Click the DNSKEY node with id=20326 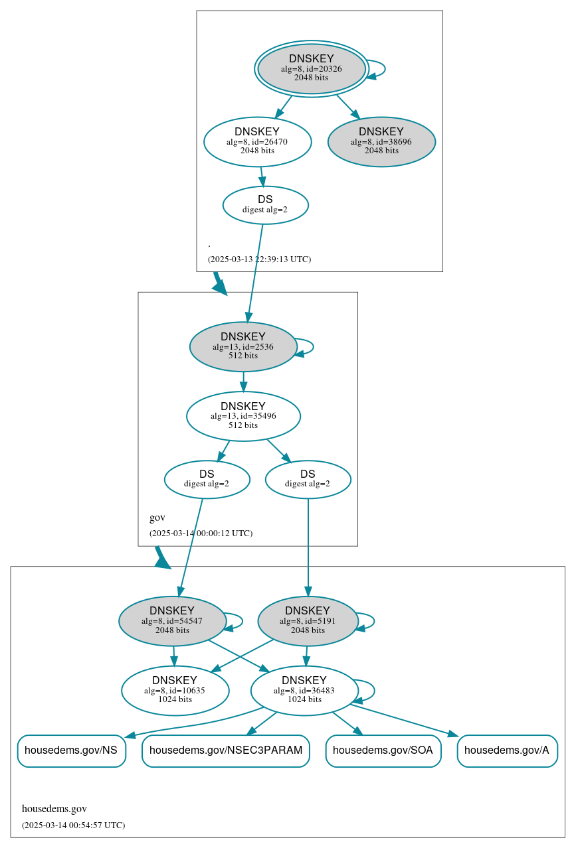point(311,68)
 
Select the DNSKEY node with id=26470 point(257,141)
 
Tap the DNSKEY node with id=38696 point(381,141)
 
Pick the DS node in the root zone point(265,204)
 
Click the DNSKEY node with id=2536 point(242,346)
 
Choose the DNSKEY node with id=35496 point(243,416)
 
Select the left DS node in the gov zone point(207,479)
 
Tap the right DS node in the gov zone point(308,479)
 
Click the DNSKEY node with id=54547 point(172,621)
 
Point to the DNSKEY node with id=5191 point(308,621)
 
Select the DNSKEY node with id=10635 point(175,690)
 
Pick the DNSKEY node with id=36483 point(304,690)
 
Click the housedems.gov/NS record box point(71,750)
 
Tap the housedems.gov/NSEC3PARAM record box point(226,750)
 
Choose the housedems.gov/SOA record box point(383,750)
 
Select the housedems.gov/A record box point(507,750)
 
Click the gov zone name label point(157,518)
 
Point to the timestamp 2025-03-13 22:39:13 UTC point(259,259)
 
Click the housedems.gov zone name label point(54,809)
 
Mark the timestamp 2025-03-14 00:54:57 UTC point(73,825)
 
